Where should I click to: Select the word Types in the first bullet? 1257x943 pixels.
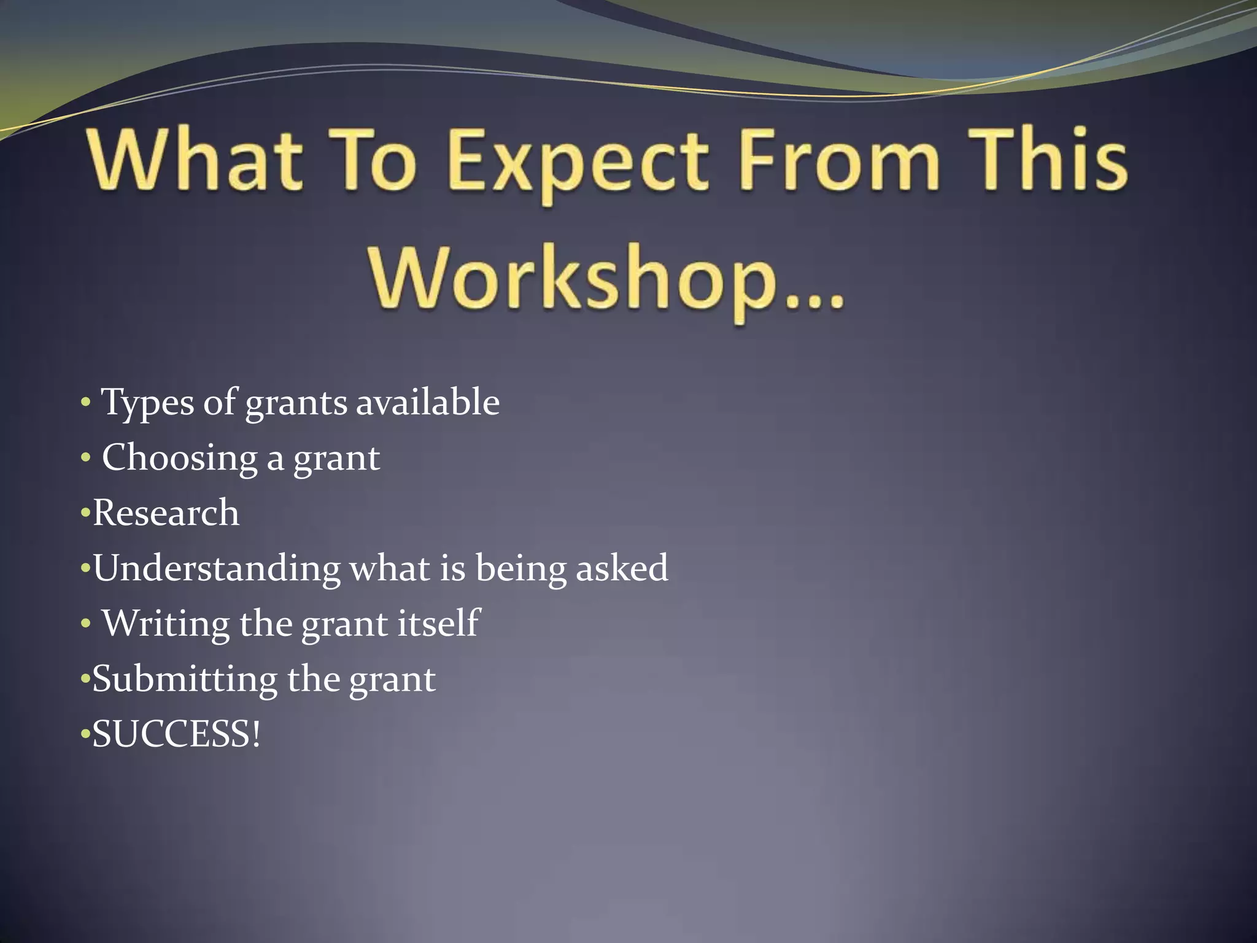click(x=147, y=404)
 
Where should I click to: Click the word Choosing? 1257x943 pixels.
click(x=179, y=459)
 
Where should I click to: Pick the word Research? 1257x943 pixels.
click(x=166, y=513)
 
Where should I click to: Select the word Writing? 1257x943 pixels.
click(x=165, y=623)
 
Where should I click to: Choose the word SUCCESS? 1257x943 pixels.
click(x=176, y=734)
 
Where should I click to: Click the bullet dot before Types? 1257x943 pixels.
click(x=86, y=404)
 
